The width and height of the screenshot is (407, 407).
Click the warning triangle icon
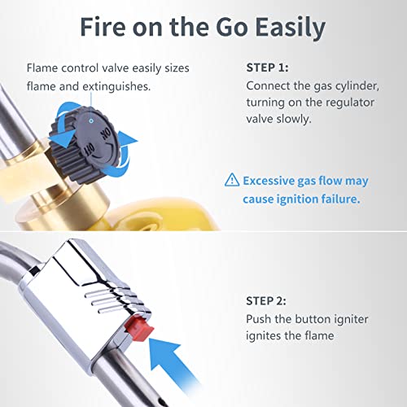pyautogui.click(x=232, y=180)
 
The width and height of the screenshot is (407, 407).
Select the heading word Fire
pyautogui.click(x=103, y=27)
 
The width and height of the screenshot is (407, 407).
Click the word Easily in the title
pyautogui.click(x=291, y=28)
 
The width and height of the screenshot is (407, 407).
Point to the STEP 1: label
pyautogui.click(x=267, y=68)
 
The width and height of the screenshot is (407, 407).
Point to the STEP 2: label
pyautogui.click(x=266, y=301)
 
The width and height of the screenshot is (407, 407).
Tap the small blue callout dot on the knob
pyautogui.click(x=91, y=120)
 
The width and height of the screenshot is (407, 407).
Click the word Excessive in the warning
pyautogui.click(x=269, y=181)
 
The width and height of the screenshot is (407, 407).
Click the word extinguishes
pyautogui.click(x=116, y=87)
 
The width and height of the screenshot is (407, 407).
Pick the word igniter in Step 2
pyautogui.click(x=351, y=319)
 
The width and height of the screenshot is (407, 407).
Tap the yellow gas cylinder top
pyautogui.click(x=163, y=214)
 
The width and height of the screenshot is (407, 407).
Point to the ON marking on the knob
pyautogui.click(x=106, y=133)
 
